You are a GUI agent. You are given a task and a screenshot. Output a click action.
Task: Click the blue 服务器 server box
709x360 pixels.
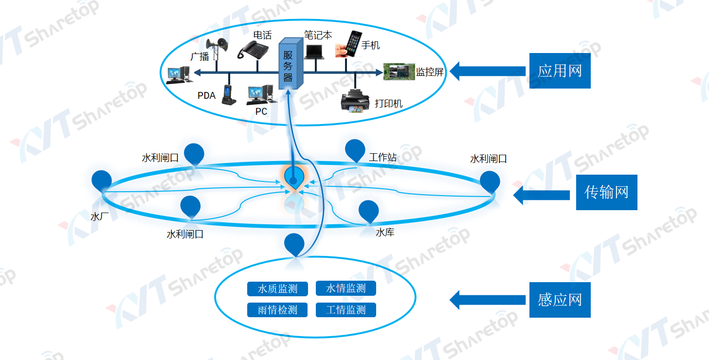[291, 65]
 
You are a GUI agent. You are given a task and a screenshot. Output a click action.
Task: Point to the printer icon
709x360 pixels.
[356, 101]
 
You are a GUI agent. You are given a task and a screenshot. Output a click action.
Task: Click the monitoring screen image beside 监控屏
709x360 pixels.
[399, 72]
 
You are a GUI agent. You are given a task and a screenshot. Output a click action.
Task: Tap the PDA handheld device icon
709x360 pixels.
[227, 95]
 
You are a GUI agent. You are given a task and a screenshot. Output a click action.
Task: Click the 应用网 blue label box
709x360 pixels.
[560, 71]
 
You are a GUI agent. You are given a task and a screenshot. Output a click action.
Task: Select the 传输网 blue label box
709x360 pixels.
[606, 193]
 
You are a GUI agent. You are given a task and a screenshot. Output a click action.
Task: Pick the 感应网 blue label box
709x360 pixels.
[560, 300]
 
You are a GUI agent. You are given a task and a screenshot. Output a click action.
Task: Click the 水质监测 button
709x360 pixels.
[277, 289]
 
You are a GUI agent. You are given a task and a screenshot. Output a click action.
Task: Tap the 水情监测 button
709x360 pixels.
[346, 288]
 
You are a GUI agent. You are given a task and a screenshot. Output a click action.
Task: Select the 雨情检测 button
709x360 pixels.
[277, 310]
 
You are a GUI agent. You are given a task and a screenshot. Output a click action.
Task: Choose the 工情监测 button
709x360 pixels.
[346, 310]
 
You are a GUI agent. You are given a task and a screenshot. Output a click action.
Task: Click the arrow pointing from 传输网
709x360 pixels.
[541, 195]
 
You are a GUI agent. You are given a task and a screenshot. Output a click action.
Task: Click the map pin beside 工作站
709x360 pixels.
[355, 149]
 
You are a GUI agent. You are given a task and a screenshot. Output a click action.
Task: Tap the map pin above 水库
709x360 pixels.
[368, 211]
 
